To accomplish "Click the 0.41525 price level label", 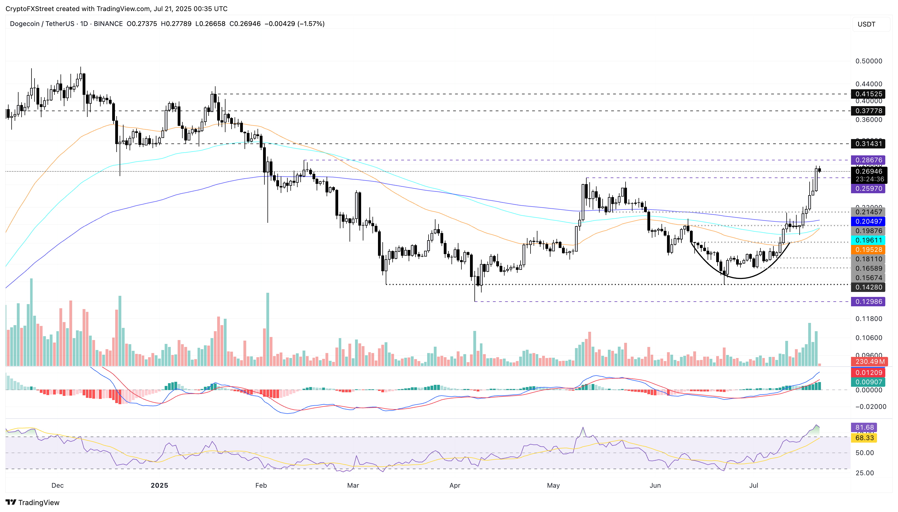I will pyautogui.click(x=868, y=94).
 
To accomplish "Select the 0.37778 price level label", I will pyautogui.click(x=868, y=111).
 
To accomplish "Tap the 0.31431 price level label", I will pyautogui.click(x=868, y=143).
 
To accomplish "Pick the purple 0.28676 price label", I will pyautogui.click(x=868, y=160).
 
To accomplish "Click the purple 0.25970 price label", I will pyautogui.click(x=868, y=189).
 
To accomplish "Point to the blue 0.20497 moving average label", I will pyautogui.click(x=868, y=221).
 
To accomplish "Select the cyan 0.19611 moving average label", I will pyautogui.click(x=868, y=240).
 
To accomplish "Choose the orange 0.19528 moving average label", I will pyautogui.click(x=868, y=250).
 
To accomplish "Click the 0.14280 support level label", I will pyautogui.click(x=868, y=287).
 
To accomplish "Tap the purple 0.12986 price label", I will pyautogui.click(x=868, y=301).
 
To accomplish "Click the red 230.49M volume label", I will pyautogui.click(x=869, y=362).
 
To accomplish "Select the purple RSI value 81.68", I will pyautogui.click(x=864, y=428).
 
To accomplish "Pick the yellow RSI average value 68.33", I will pyautogui.click(x=864, y=438).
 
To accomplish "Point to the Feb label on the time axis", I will pyautogui.click(x=261, y=485).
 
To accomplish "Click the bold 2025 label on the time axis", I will pyautogui.click(x=159, y=485).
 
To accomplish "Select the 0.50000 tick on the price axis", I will pyautogui.click(x=868, y=61).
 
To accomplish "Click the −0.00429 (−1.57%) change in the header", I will pyautogui.click(x=294, y=23).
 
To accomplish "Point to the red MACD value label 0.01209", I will pyautogui.click(x=868, y=373).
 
